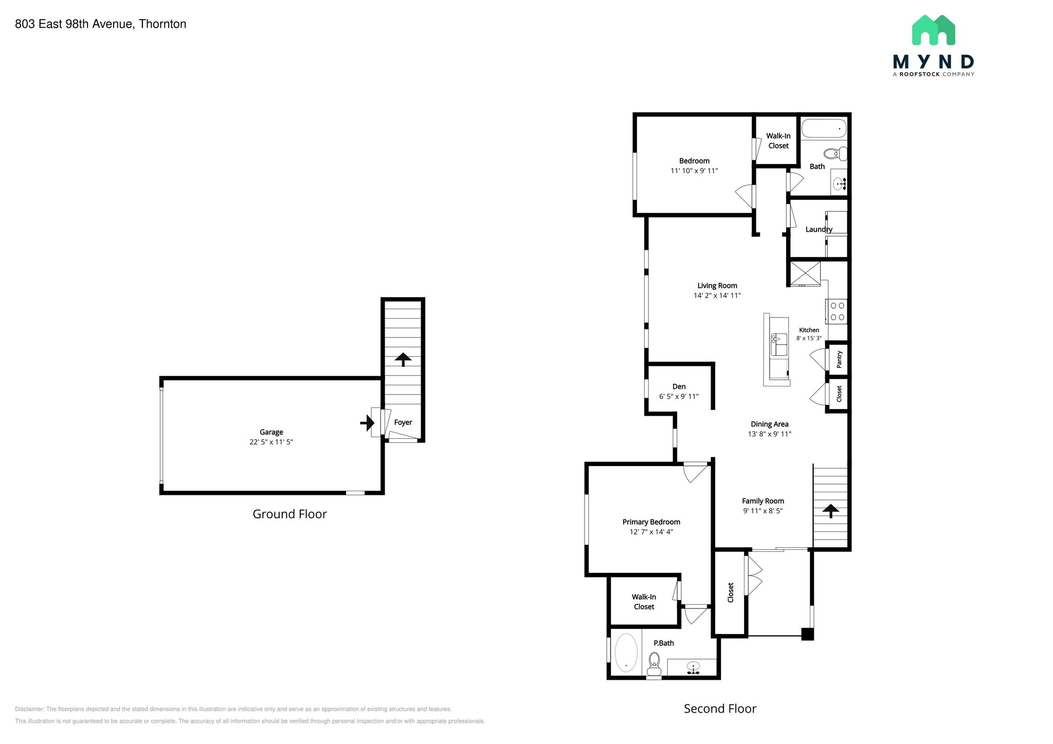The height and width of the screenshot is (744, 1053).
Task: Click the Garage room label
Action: (x=271, y=432)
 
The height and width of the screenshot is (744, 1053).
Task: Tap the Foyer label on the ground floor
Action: (x=403, y=422)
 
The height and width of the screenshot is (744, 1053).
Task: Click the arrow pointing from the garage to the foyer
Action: (x=367, y=423)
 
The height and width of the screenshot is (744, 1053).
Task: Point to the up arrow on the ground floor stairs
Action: (x=403, y=359)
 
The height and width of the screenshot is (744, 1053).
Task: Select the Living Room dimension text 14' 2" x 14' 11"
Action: (x=717, y=295)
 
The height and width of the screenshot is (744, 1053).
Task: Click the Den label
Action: (x=679, y=386)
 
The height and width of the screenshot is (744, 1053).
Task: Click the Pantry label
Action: (x=839, y=359)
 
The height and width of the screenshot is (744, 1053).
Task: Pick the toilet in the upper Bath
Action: (x=835, y=153)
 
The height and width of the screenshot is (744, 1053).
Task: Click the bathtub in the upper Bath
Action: (x=824, y=128)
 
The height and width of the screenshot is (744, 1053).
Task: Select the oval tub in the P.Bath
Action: (x=626, y=653)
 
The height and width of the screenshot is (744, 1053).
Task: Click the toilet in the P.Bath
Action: (x=654, y=664)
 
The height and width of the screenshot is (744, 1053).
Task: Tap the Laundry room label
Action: (x=819, y=229)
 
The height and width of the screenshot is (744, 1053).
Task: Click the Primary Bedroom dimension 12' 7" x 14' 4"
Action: (x=651, y=532)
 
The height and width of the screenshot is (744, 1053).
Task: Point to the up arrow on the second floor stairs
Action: (x=830, y=510)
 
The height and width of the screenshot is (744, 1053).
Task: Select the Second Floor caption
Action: (x=720, y=709)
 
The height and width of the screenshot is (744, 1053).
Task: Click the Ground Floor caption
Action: (x=289, y=514)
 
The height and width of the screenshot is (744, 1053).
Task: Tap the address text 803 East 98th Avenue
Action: (x=101, y=24)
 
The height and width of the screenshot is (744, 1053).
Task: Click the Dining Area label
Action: (x=769, y=424)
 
